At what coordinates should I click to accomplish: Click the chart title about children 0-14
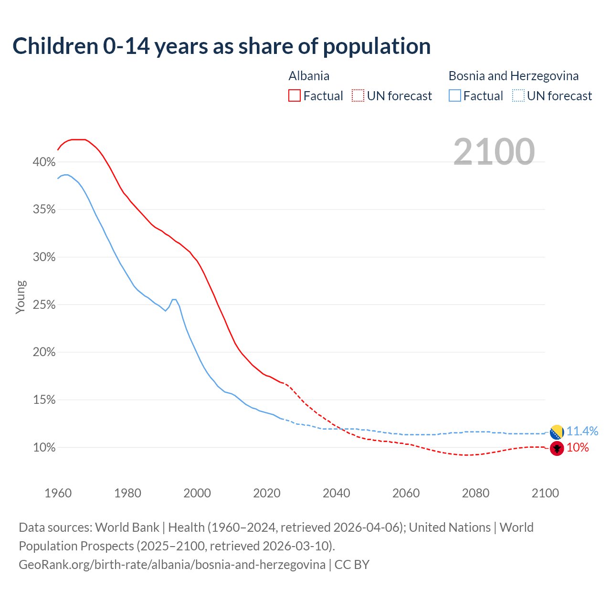click(221, 46)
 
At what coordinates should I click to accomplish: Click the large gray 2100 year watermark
click(494, 152)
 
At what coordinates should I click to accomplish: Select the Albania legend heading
click(309, 76)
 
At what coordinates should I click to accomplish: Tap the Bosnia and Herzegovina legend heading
click(513, 76)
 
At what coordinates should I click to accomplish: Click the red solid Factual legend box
click(295, 96)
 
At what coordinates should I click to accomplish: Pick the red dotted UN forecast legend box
click(358, 96)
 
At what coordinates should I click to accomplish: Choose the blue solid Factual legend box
click(455, 96)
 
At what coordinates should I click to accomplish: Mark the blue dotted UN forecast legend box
click(518, 96)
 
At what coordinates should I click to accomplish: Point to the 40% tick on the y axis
click(44, 162)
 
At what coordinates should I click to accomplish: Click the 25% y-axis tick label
click(44, 305)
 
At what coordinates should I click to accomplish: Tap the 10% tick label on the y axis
click(44, 447)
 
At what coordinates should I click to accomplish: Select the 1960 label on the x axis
click(58, 493)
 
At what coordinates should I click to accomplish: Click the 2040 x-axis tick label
click(337, 493)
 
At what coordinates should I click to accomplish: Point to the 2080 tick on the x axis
click(475, 493)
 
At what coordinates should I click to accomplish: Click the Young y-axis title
click(21, 297)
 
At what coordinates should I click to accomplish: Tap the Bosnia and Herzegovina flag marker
click(557, 432)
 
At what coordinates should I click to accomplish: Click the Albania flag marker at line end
click(557, 449)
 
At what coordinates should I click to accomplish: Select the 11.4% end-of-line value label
click(582, 431)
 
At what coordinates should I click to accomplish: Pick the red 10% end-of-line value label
click(578, 448)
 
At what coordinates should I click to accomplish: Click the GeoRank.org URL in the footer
click(172, 565)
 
